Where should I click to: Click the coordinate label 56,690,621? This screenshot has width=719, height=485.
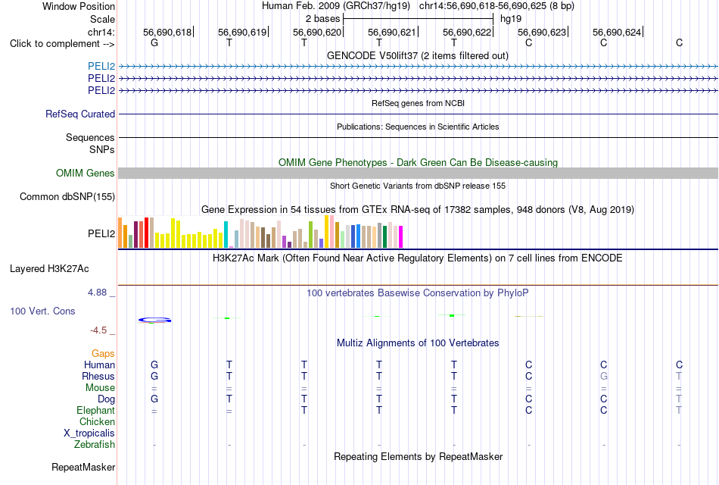coord(391,32)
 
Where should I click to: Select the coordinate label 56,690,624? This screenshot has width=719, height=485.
coord(616,32)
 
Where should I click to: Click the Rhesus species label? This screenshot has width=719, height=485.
coord(98,376)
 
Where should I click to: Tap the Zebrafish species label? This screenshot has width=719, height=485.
coord(95,444)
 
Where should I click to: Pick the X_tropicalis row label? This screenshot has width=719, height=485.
coord(89,433)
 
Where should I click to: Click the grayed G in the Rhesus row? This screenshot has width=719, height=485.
coord(603,376)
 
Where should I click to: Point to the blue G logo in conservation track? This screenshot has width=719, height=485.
coord(154,320)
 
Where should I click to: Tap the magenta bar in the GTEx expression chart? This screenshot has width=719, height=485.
coord(401,237)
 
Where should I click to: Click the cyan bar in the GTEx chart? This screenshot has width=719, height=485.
coord(226,235)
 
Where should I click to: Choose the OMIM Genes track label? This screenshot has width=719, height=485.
coord(85,173)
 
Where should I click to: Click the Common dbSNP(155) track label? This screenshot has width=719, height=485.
coord(67,196)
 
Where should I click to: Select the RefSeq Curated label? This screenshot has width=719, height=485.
coord(79,114)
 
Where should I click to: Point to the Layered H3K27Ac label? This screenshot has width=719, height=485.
coord(49,269)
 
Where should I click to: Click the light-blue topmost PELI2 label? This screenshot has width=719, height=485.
coord(101,66)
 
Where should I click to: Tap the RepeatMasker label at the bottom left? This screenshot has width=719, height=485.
coord(83,467)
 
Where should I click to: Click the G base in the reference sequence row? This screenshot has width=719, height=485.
coord(154,42)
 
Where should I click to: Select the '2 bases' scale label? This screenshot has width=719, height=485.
coord(323,19)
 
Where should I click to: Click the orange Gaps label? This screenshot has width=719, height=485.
coord(103,353)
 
